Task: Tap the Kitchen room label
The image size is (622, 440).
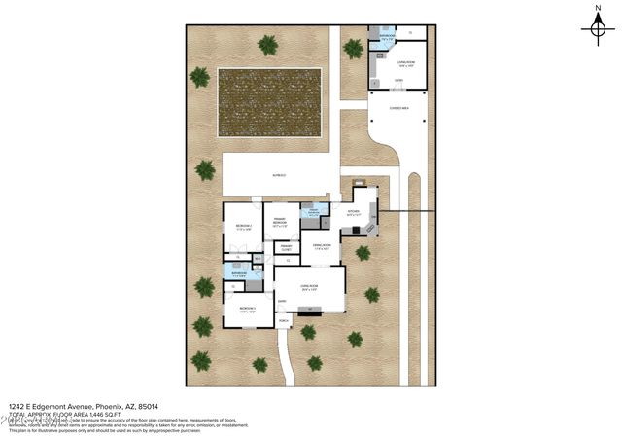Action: coord(354,211)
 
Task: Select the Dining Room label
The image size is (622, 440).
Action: coord(322,246)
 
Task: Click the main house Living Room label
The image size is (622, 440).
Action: coord(309,286)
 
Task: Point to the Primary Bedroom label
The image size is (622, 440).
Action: coord(278,223)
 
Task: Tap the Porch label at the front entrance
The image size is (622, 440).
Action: coord(284,320)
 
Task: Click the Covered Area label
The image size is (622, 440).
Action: coord(398,108)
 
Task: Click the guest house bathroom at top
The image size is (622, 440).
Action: coord(387,36)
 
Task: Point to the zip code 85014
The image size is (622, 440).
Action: coord(148,407)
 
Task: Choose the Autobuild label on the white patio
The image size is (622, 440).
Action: coord(279,175)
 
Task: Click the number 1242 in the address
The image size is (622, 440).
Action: coord(17,407)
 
